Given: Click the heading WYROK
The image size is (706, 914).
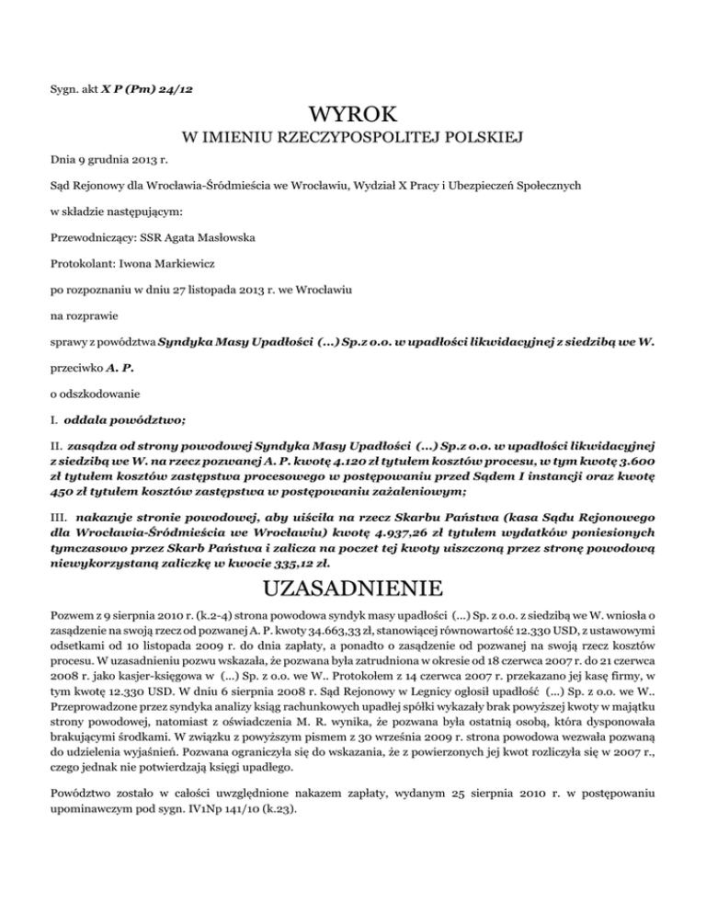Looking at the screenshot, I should click(353, 116).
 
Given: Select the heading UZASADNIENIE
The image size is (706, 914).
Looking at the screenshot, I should click(353, 586).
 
